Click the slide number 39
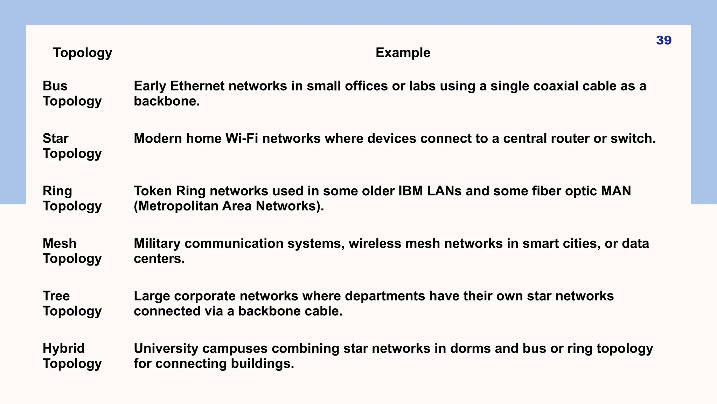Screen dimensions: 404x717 (663, 40)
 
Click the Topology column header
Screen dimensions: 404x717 (83, 53)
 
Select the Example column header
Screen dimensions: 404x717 (403, 53)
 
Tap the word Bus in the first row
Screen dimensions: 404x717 (55, 86)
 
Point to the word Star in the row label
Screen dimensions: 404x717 (55, 139)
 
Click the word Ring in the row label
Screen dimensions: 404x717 (57, 191)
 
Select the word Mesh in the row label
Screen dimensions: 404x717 (59, 243)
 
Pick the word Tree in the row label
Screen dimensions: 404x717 (56, 296)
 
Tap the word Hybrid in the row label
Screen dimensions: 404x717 (63, 349)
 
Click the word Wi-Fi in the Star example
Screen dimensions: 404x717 (242, 139)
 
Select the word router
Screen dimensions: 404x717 (570, 139)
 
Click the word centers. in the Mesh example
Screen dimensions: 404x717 (159, 259)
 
